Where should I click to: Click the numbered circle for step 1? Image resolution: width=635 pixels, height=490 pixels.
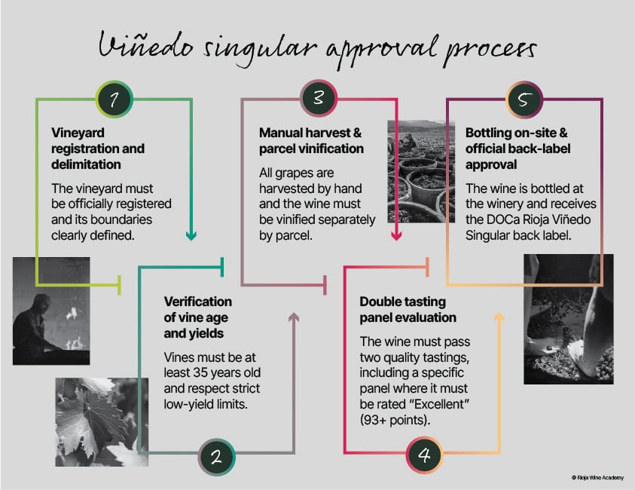click(x=114, y=99)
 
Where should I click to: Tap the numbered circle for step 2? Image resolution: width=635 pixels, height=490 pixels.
click(x=217, y=457)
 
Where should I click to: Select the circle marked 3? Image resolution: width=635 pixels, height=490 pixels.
click(x=319, y=98)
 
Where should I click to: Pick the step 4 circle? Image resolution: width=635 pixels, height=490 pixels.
click(x=424, y=455)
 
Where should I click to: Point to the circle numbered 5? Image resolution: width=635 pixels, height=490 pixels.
click(x=524, y=100)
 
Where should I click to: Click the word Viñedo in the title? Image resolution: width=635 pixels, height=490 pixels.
click(x=146, y=45)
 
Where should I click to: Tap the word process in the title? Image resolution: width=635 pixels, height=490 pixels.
click(x=490, y=51)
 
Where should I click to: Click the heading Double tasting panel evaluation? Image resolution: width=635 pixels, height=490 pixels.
click(x=408, y=310)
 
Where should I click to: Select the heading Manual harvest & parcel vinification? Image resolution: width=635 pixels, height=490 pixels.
click(x=311, y=141)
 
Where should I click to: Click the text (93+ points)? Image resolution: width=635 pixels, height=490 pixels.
click(x=395, y=421)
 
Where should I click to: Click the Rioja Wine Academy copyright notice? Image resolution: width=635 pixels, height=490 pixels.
click(x=598, y=478)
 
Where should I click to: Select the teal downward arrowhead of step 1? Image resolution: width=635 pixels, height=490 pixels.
click(x=191, y=235)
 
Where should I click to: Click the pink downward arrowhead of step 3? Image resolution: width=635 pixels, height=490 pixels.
click(x=396, y=235)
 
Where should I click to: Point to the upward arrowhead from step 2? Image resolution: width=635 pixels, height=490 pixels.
click(x=294, y=317)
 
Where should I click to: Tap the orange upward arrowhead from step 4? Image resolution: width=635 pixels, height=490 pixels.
click(x=499, y=317)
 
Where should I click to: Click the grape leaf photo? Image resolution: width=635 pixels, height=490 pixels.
click(x=102, y=422)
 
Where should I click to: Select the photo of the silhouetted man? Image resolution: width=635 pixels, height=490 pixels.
click(x=51, y=311)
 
